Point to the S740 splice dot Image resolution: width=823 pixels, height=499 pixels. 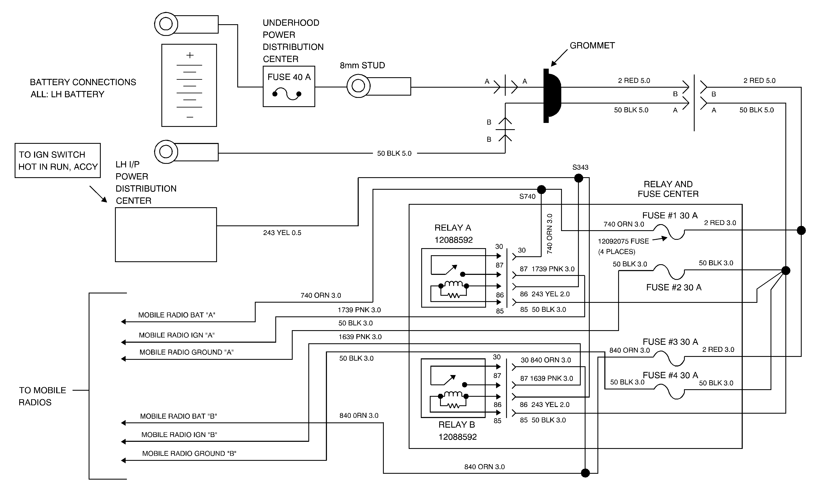[541, 189]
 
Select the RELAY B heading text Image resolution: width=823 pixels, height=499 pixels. [457, 425]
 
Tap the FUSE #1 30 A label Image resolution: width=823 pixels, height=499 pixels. [670, 215]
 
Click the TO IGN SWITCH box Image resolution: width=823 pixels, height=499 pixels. [57, 160]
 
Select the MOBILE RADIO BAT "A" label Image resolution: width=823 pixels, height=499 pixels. [177, 315]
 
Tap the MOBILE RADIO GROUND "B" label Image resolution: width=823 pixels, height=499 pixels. [189, 453]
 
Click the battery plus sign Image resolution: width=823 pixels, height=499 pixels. [190, 55]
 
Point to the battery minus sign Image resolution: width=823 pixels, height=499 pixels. [190, 117]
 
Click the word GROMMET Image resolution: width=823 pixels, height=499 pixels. [592, 46]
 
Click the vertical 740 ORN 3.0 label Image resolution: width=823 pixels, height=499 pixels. [549, 234]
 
